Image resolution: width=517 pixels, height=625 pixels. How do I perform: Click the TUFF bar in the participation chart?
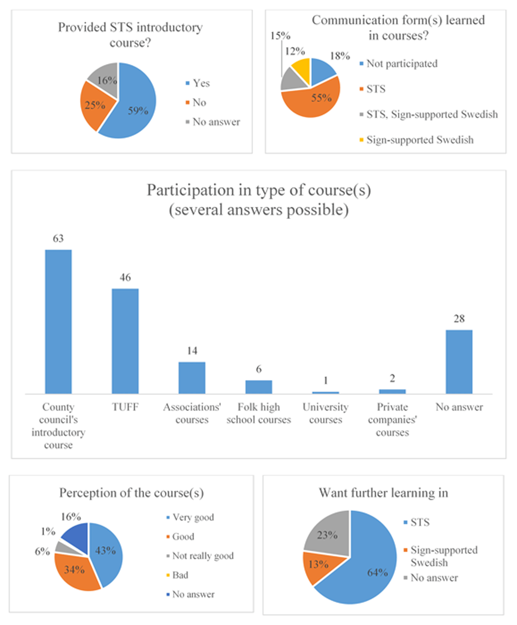coord(125,341)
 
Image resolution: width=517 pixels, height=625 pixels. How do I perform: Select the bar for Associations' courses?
coord(192,378)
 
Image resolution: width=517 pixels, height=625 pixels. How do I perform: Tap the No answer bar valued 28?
coord(459,362)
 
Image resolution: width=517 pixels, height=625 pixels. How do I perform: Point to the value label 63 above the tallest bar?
coord(58,238)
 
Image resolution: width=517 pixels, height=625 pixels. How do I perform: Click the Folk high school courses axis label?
coord(259,413)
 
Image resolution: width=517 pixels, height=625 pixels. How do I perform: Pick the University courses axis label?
coord(326,413)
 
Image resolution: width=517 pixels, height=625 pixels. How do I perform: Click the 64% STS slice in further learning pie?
coord(365,569)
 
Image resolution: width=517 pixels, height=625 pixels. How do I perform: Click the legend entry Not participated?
coord(399,64)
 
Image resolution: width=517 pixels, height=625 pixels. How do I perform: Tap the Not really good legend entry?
coord(200,556)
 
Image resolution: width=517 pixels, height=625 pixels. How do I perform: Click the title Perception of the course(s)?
coord(131,493)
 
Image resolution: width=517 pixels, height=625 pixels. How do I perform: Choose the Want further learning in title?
coord(383,493)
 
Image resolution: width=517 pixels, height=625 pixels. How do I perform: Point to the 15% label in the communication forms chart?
coord(280,36)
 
